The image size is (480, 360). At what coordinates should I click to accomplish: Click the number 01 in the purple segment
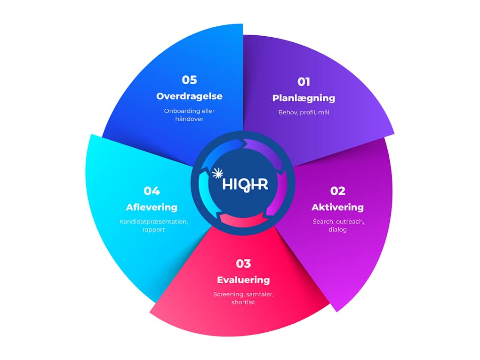pos(304,82)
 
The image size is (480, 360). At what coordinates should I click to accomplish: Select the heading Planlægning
pos(304,98)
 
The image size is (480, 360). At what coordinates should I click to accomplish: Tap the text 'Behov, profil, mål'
pos(304,112)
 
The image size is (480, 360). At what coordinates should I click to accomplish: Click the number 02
pos(337,191)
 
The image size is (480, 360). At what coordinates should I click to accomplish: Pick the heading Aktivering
pos(337,207)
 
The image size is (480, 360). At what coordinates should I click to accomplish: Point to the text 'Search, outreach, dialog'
pos(337,225)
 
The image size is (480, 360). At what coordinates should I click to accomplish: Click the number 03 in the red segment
pos(243,264)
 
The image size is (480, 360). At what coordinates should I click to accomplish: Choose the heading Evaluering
pos(243,280)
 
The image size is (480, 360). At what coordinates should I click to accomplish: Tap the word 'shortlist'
pos(243,302)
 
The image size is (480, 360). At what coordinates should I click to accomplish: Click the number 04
pos(152,191)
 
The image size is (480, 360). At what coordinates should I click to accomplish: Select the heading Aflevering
pos(152,207)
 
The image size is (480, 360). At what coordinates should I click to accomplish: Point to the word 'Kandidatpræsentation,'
pos(153,222)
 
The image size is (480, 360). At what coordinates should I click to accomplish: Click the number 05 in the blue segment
pos(189,80)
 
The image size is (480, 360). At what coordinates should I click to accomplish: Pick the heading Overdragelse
pos(189,96)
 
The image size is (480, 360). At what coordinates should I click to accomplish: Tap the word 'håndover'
pos(189,119)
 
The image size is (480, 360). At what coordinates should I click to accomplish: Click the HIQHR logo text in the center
pos(246,183)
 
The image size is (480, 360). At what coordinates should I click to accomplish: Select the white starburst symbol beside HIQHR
pos(217,173)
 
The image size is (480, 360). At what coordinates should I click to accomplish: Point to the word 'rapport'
pos(153,230)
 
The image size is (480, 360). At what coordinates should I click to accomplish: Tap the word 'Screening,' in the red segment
pos(229,295)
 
